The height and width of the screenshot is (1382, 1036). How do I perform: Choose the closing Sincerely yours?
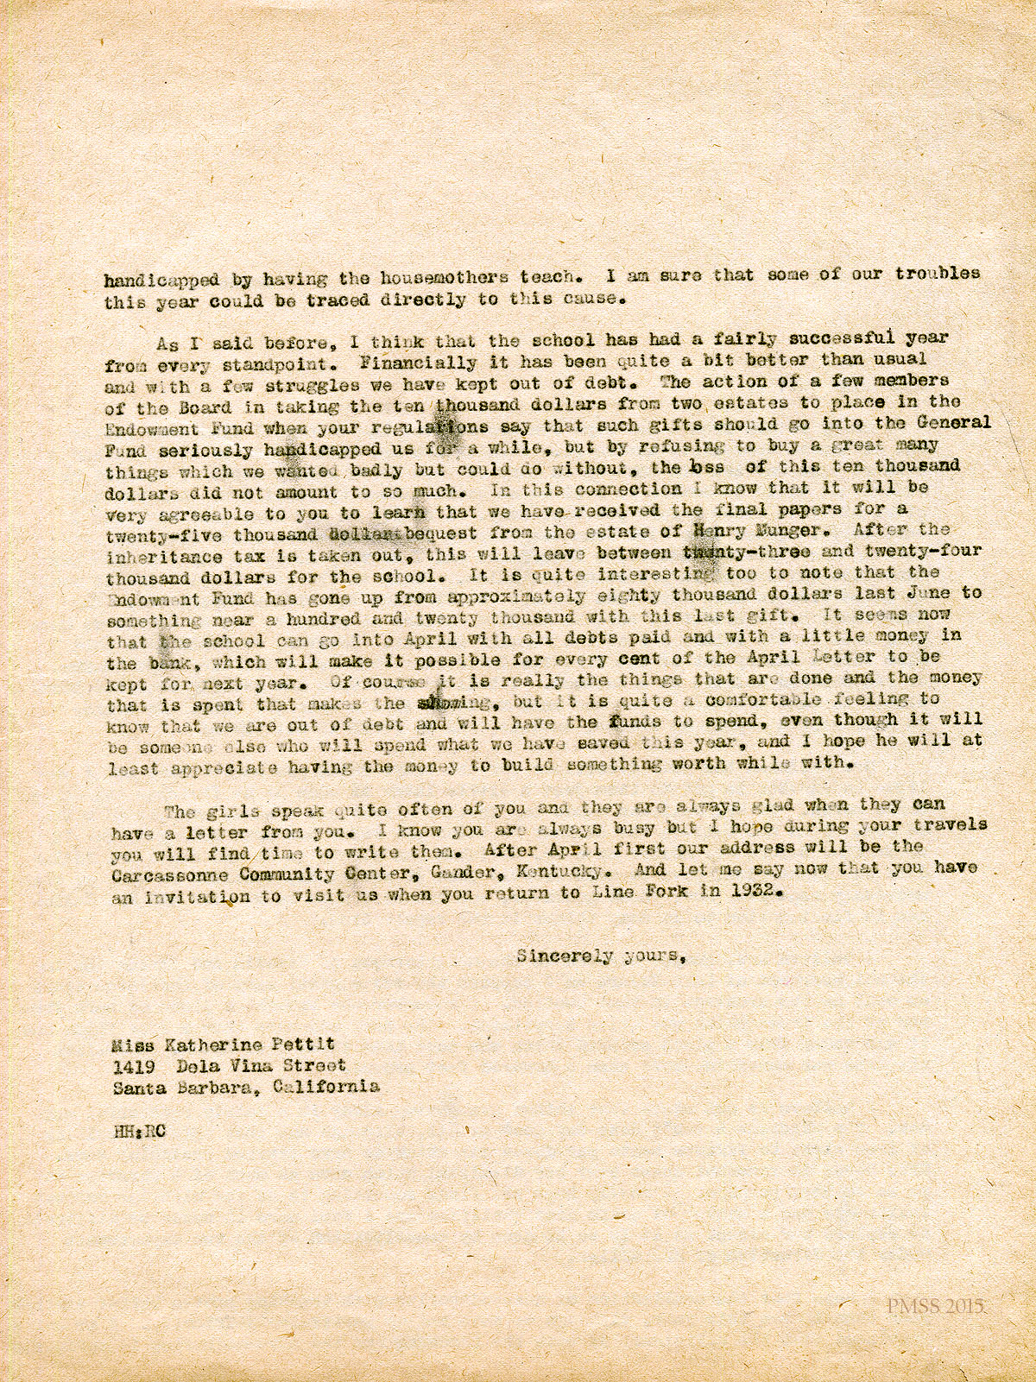click(x=601, y=956)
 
